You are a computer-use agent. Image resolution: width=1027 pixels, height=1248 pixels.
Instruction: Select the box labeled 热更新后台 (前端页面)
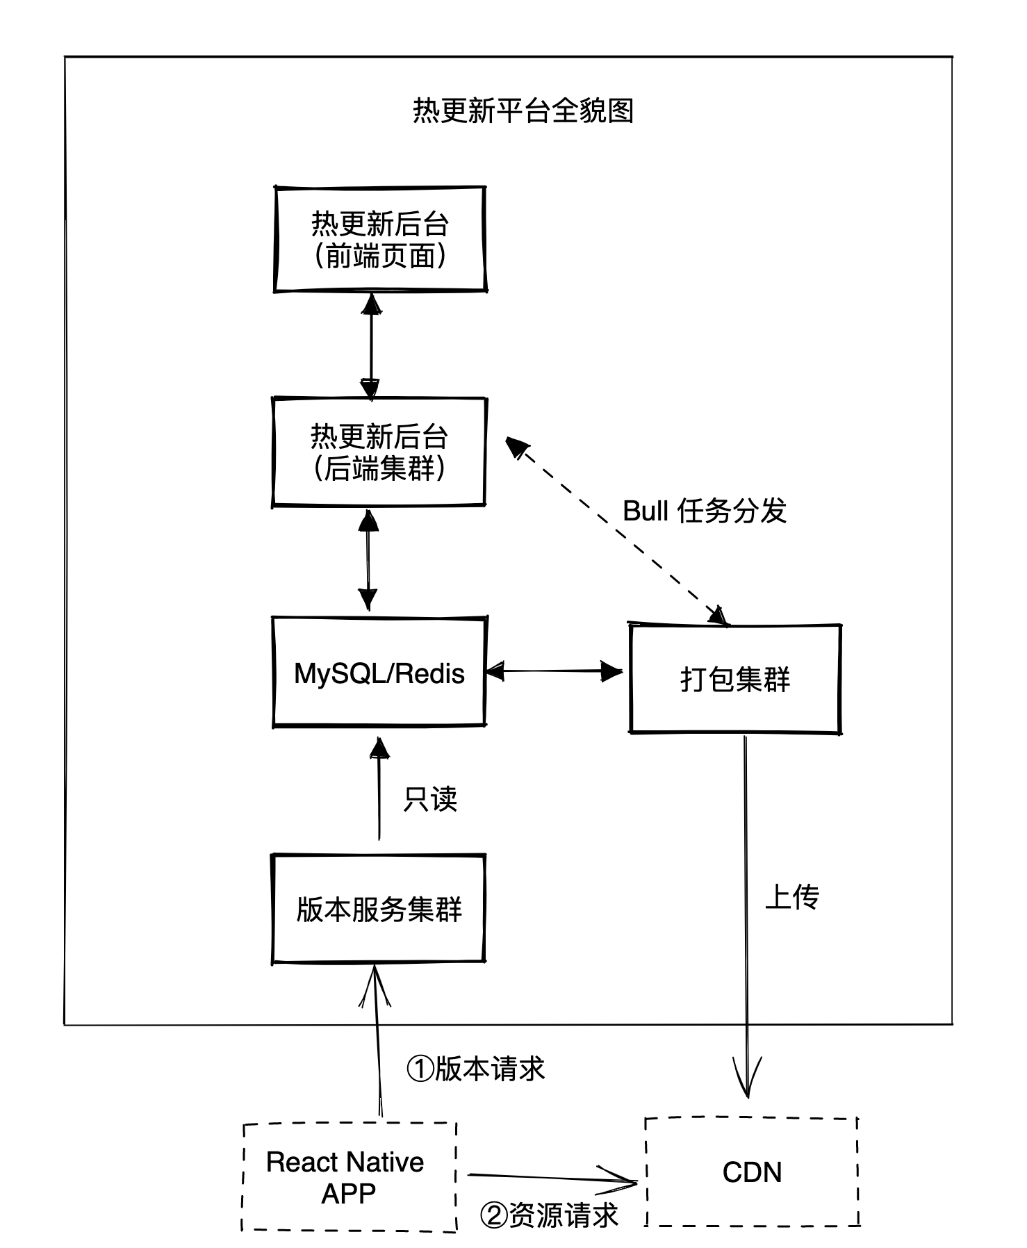pos(379,239)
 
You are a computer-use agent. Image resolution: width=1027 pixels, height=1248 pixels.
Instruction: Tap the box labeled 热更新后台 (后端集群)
pos(379,452)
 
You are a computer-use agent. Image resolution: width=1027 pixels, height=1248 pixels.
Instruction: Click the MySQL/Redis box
pos(379,673)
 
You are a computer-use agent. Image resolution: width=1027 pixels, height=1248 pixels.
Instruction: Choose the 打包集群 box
pos(735,679)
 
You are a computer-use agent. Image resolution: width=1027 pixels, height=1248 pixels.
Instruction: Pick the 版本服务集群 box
pos(379,909)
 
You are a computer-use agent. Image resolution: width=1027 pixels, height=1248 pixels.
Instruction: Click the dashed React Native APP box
pos(349,1177)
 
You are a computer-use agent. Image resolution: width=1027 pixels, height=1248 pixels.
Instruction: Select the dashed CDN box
pos(752,1173)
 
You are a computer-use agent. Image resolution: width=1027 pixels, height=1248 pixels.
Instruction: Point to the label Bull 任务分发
pos(704,511)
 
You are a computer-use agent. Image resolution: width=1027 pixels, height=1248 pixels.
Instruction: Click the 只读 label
pos(430,799)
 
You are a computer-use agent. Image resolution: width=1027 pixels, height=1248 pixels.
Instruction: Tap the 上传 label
pos(792,897)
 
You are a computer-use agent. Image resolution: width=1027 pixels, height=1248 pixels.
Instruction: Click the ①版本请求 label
pos(475,1069)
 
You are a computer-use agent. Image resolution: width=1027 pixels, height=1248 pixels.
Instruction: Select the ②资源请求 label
pos(549,1215)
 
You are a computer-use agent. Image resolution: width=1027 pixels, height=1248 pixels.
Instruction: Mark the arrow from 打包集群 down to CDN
pos(747,903)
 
